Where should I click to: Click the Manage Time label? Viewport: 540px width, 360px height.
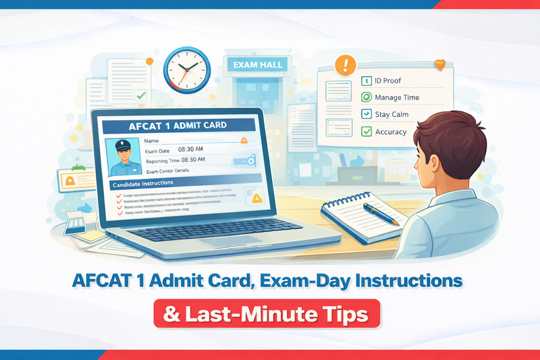[397, 97]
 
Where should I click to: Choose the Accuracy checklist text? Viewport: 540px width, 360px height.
[391, 132]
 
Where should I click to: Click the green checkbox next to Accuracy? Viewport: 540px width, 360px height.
[367, 132]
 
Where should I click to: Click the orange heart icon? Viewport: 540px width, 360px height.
[441, 66]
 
